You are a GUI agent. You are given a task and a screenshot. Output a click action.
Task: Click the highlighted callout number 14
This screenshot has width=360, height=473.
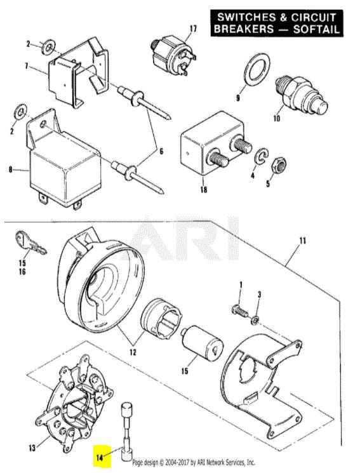click(x=100, y=457)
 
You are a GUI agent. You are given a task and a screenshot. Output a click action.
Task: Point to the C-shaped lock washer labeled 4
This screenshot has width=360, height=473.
click(x=261, y=157)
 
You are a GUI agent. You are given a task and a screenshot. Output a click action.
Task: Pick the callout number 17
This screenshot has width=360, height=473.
click(x=193, y=29)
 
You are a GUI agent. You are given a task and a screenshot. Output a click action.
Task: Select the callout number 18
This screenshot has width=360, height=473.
click(x=204, y=190)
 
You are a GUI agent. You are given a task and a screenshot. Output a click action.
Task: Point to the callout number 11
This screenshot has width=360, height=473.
click(x=303, y=241)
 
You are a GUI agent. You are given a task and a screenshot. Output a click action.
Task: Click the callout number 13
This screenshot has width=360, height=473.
click(x=32, y=448)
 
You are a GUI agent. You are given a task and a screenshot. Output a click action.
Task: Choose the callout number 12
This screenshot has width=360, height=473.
click(x=133, y=352)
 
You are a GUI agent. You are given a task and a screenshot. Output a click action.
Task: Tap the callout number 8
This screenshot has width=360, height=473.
click(x=11, y=170)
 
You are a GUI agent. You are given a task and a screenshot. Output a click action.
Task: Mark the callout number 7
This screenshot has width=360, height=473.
click(x=27, y=66)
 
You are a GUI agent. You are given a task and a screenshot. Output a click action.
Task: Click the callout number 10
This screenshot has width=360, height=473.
click(x=276, y=118)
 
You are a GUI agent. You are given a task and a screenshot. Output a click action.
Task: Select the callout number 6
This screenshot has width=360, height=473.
click(x=161, y=151)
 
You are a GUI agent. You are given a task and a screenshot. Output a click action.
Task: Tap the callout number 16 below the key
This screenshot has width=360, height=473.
click(x=22, y=272)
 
